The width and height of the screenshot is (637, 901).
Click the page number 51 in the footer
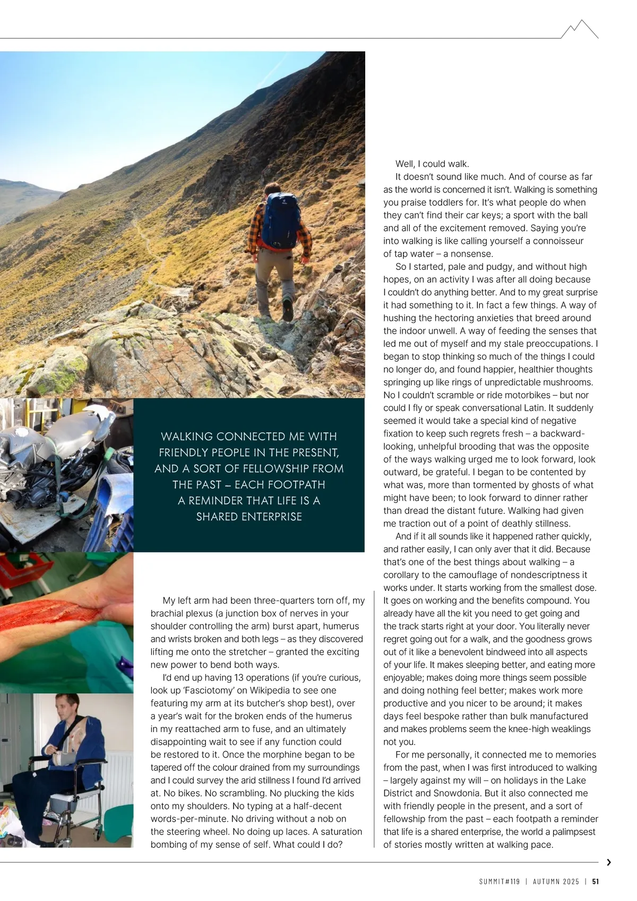click(596, 881)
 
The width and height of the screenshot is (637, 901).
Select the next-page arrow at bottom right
click(608, 863)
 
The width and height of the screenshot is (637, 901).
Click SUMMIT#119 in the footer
click(499, 881)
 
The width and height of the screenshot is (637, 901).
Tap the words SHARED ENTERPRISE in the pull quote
click(249, 516)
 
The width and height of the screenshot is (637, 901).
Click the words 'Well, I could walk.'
click(432, 164)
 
